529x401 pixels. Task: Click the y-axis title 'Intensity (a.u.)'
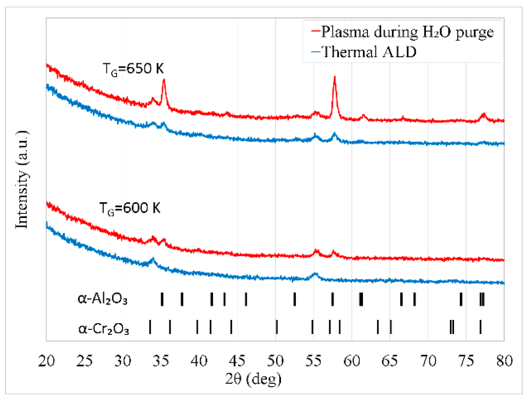[22, 180]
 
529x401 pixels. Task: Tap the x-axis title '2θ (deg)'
[253, 378]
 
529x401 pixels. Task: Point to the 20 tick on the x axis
[47, 361]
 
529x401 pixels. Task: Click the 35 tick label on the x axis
[161, 361]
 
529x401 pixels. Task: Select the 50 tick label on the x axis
[275, 361]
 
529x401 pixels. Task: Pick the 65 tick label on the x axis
[390, 361]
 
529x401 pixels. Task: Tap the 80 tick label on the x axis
[504, 361]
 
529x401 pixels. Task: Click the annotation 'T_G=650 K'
[133, 69]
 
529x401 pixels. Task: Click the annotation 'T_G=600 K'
[130, 208]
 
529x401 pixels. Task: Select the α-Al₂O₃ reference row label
[103, 299]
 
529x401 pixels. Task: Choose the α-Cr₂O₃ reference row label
[103, 329]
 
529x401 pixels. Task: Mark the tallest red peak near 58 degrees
[335, 77]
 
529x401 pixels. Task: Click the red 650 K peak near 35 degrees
[164, 80]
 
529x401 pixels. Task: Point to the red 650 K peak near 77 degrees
[484, 114]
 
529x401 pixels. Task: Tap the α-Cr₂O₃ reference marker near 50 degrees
[277, 327]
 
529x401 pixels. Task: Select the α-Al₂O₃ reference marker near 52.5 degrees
[295, 299]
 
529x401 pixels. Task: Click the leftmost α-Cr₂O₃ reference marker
[150, 327]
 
